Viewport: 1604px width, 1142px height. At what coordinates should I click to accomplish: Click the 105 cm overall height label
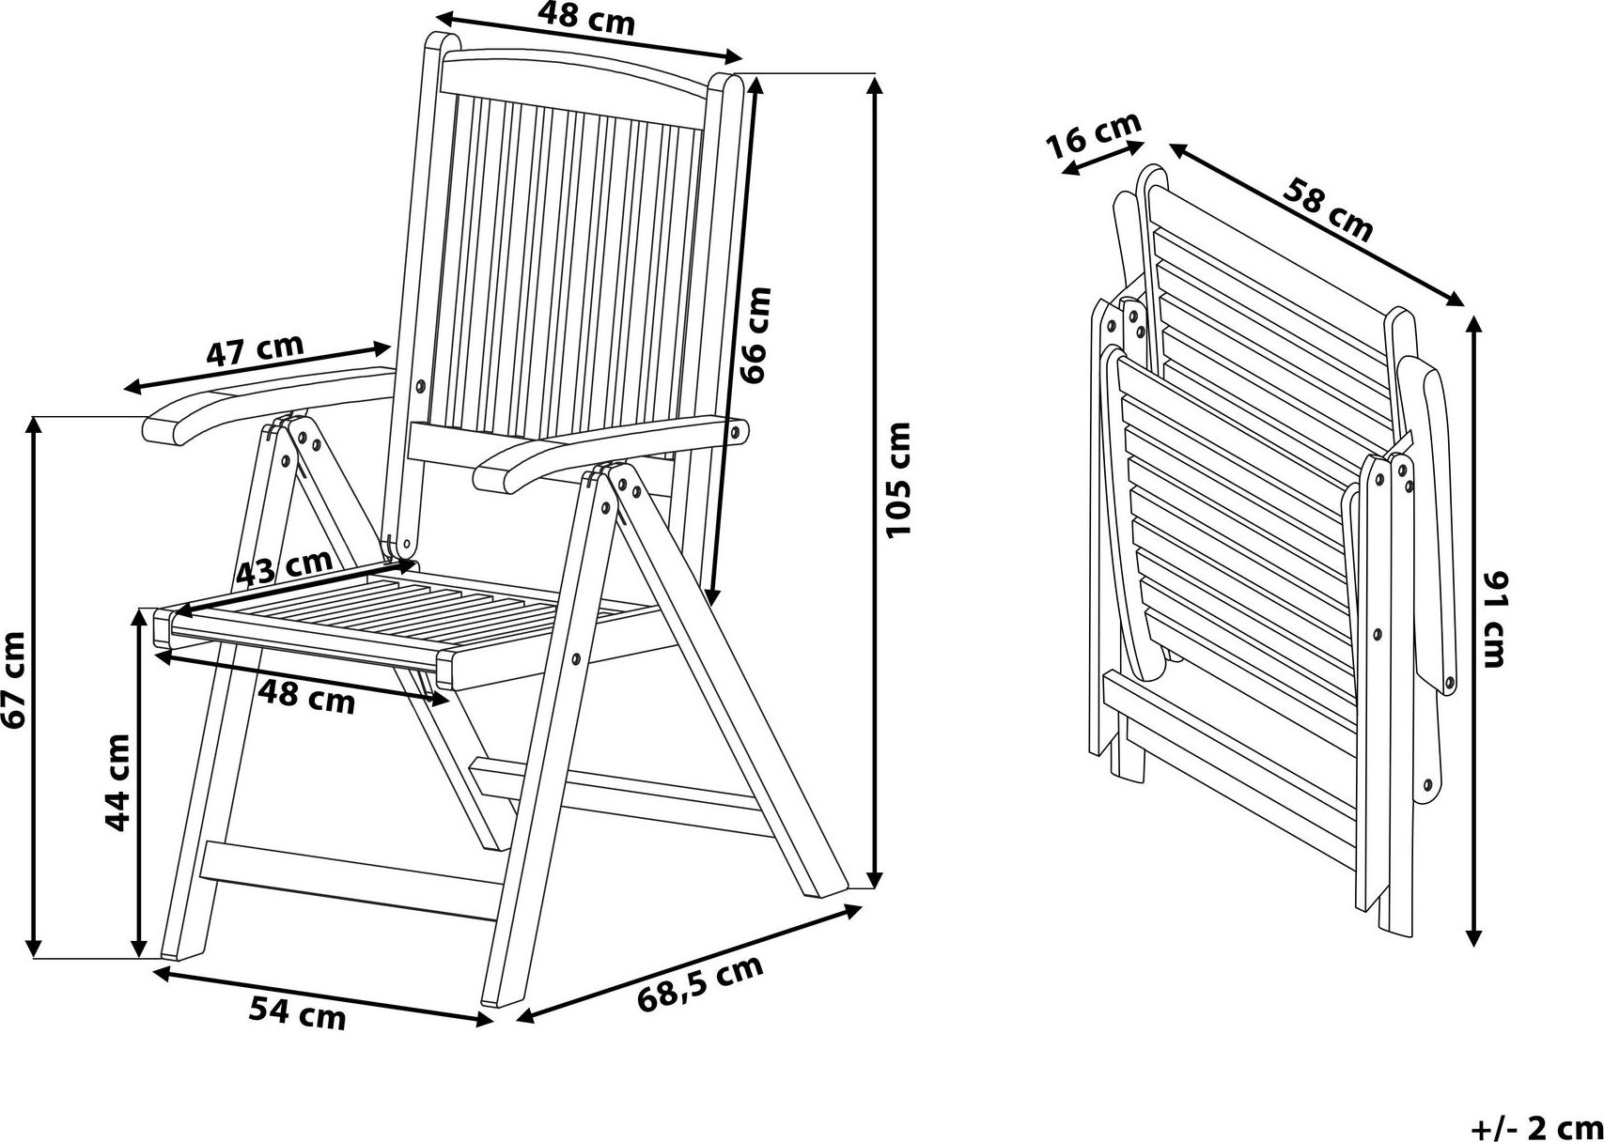(898, 479)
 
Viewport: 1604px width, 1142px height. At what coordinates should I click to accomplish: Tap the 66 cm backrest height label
(755, 334)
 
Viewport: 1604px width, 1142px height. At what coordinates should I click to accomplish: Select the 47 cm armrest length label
(255, 348)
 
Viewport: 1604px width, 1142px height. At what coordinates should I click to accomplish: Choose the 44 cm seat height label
(117, 782)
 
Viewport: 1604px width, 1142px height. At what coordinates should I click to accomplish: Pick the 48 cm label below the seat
(306, 698)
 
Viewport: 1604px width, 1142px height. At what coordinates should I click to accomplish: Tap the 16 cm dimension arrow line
(1103, 158)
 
